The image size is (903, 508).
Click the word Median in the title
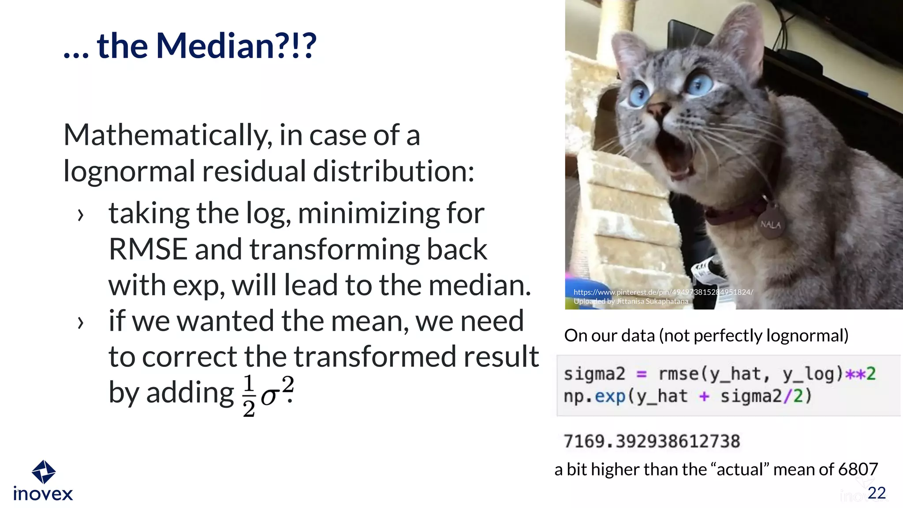(x=215, y=46)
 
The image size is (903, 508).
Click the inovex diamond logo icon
(x=43, y=472)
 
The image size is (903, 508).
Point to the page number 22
(x=876, y=493)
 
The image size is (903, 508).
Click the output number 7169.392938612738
(x=652, y=441)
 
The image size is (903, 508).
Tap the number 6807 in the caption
(x=858, y=469)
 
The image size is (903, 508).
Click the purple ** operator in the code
(x=855, y=374)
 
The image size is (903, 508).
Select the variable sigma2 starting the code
(x=594, y=374)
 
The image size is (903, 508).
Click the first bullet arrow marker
(x=80, y=215)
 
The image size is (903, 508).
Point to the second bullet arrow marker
(x=80, y=323)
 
